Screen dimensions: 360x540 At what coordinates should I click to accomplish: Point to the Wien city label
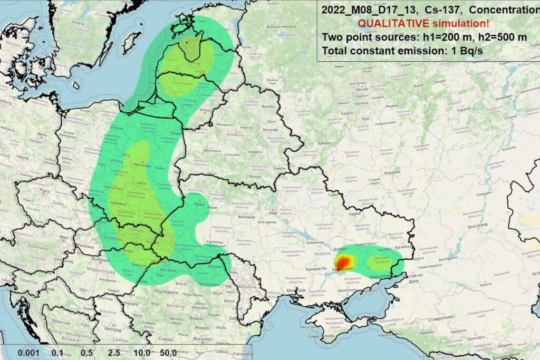tap(63, 238)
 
